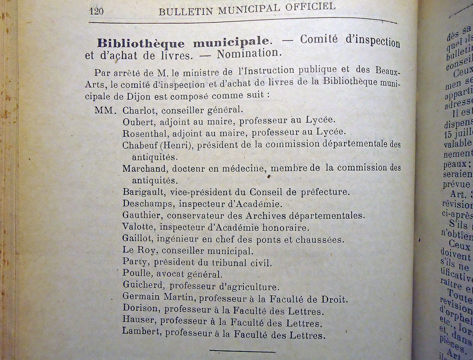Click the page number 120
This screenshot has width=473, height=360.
[96, 11]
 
